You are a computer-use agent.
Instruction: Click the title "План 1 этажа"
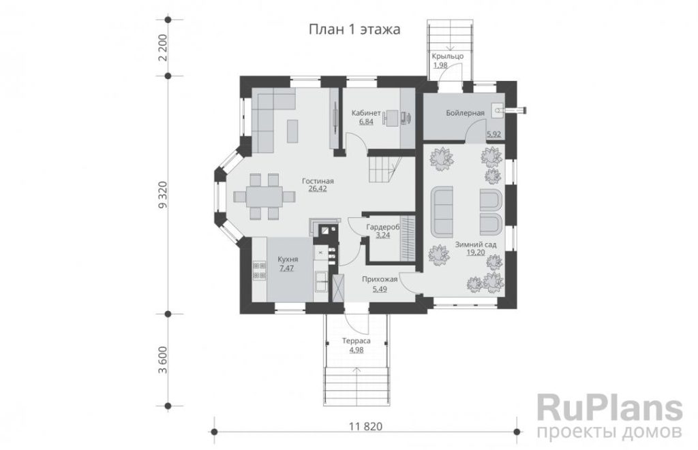[x=354, y=29]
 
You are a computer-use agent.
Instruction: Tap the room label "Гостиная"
[x=318, y=181]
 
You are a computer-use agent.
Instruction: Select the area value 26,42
[x=318, y=189]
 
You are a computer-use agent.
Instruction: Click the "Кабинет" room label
[x=366, y=113]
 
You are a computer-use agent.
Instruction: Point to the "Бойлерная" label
[x=465, y=113]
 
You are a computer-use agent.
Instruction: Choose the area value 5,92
[x=494, y=133]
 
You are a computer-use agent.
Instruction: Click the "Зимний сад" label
[x=476, y=244]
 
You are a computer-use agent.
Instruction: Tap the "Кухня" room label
[x=288, y=259]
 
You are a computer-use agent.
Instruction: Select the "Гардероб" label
[x=383, y=227]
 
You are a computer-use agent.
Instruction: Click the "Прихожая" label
[x=379, y=279]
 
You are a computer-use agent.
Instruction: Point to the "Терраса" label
[x=356, y=341]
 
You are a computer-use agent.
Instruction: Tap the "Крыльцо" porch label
[x=447, y=56]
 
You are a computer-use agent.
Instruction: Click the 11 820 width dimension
[x=365, y=427]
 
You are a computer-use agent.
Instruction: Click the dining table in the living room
[x=264, y=196]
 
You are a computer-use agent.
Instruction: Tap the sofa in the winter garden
[x=442, y=211]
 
